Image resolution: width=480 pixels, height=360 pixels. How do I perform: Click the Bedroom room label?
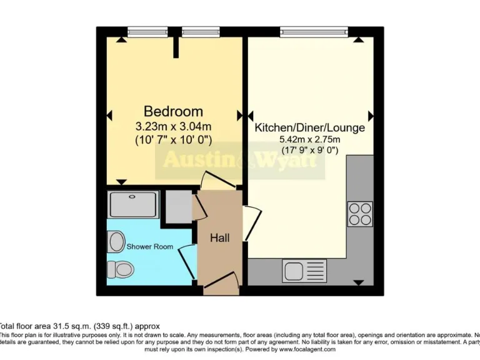pyautogui.click(x=173, y=111)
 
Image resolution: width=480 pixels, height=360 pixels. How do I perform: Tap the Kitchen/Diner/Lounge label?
pyautogui.click(x=309, y=127)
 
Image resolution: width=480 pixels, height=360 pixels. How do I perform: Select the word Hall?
pyautogui.click(x=219, y=238)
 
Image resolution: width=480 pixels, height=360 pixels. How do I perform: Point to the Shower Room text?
pyautogui.click(x=150, y=246)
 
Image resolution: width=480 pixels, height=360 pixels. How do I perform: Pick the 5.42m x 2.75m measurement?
pyautogui.click(x=309, y=139)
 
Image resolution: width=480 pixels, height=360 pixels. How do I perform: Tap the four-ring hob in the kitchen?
pyautogui.click(x=360, y=213)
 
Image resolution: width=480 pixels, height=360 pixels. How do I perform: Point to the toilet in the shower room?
pyautogui.click(x=120, y=269)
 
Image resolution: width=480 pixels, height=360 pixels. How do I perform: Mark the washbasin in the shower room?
pyautogui.click(x=116, y=241)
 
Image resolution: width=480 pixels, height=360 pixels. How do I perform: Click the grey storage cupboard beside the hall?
pyautogui.click(x=179, y=207)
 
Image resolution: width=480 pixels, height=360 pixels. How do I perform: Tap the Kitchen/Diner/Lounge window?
pyautogui.click(x=314, y=31)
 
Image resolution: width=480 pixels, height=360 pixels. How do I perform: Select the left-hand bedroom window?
pyautogui.click(x=147, y=31)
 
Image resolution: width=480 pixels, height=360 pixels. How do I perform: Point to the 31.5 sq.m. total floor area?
pyautogui.click(x=70, y=326)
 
